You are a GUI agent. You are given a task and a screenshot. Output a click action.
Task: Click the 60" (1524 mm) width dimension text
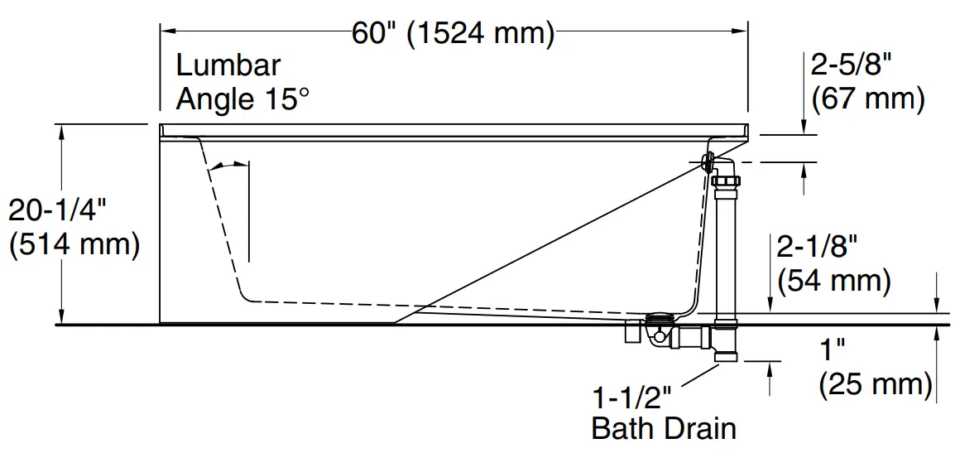(x=453, y=33)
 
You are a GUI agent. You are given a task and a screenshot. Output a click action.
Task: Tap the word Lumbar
(x=228, y=65)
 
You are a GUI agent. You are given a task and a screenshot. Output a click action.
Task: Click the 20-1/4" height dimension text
(x=59, y=210)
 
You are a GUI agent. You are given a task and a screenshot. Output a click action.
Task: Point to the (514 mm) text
(x=74, y=244)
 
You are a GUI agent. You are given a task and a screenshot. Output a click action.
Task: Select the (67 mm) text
(x=868, y=99)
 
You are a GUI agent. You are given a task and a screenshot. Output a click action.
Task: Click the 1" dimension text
(x=832, y=349)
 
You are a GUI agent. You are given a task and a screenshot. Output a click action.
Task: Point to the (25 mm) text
(x=876, y=383)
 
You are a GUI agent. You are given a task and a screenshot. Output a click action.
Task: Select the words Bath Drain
(x=664, y=428)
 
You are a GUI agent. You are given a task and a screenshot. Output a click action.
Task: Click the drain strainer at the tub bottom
(x=660, y=317)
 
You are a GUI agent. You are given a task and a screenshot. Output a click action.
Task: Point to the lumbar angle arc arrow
(x=227, y=166)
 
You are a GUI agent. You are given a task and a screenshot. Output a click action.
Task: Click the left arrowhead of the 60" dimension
(x=166, y=32)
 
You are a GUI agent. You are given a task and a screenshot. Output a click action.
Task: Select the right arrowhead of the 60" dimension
(x=742, y=32)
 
